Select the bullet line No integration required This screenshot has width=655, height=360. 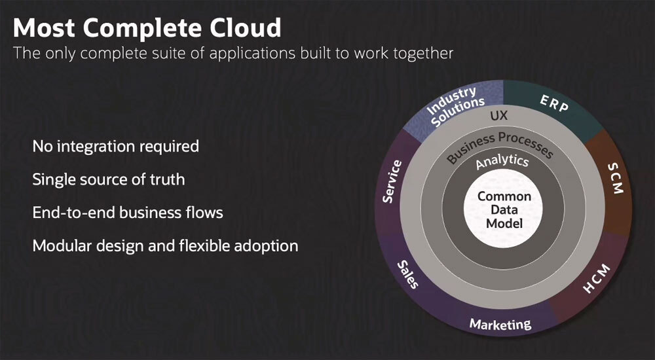tap(115, 146)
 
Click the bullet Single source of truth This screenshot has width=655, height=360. tap(108, 179)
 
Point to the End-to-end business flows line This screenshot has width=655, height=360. tap(128, 213)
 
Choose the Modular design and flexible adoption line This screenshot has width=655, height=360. tap(165, 246)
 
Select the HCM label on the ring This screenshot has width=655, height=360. tap(596, 277)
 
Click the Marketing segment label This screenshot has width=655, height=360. tap(500, 324)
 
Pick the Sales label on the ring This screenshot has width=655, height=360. tap(407, 274)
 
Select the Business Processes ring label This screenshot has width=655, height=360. tap(499, 146)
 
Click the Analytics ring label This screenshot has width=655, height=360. tap(502, 162)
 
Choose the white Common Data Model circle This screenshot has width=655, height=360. tap(504, 210)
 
